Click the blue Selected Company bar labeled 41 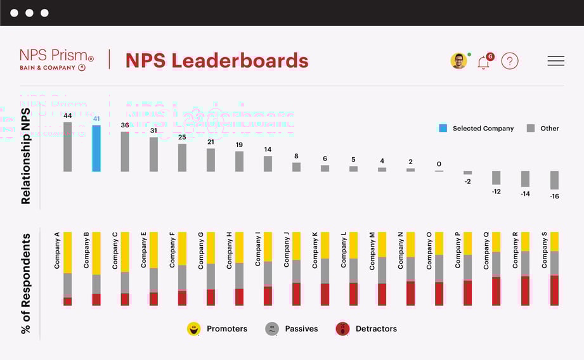point(96,148)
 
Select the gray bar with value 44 point(67,146)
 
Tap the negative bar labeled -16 point(554,180)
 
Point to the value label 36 point(125,125)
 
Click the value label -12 point(496,191)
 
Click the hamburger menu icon point(555,61)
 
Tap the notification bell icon point(483,62)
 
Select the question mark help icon point(510,61)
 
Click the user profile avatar point(458,61)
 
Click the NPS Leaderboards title point(217,61)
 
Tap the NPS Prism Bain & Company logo point(56,59)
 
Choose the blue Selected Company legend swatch point(443,128)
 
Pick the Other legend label point(549,128)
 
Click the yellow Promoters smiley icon point(193,329)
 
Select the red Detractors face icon point(342,329)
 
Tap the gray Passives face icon point(272,329)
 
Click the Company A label point(57,250)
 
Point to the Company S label point(545,250)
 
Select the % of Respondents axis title point(26,283)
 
